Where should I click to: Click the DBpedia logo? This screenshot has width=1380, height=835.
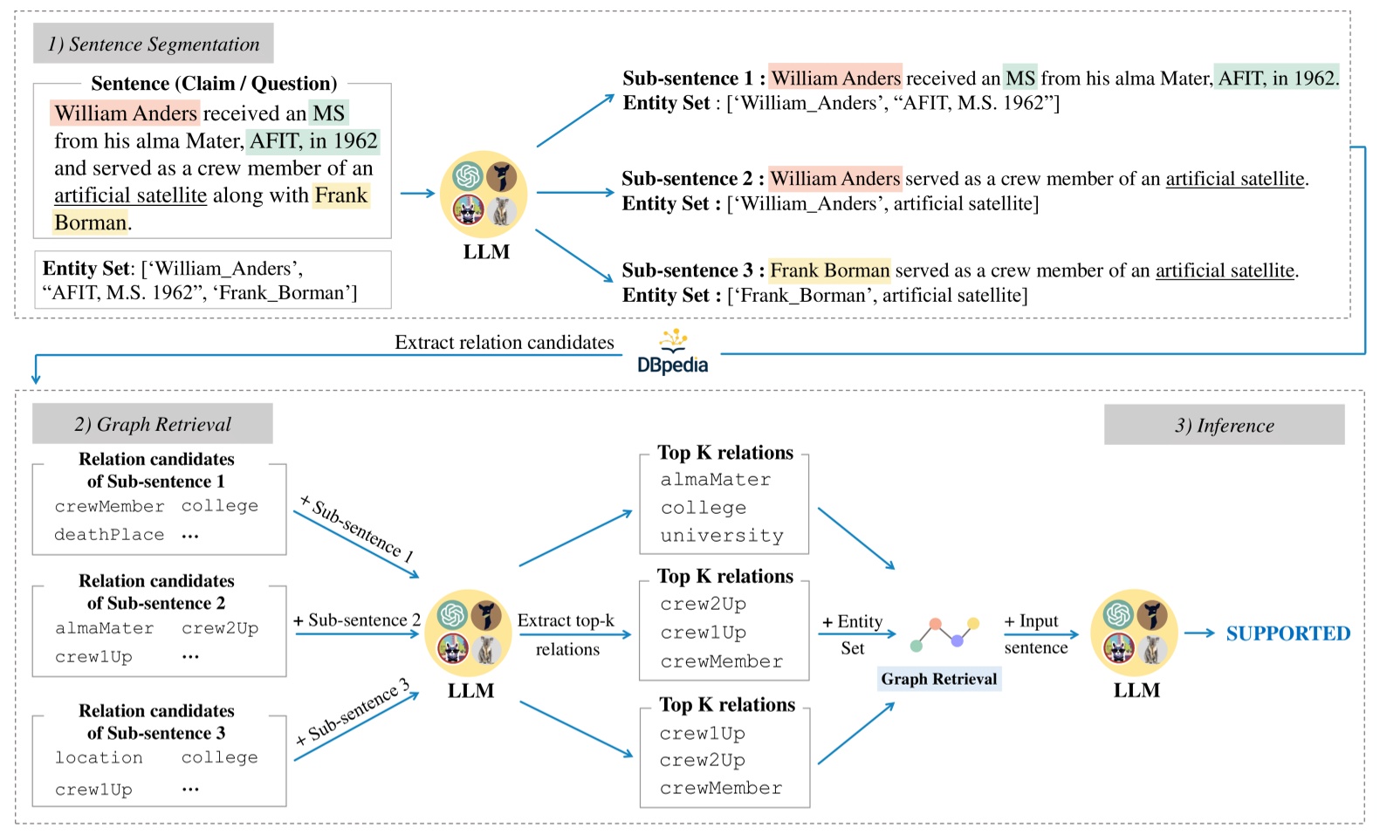coord(672,353)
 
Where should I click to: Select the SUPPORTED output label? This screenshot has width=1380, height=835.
coord(1287,633)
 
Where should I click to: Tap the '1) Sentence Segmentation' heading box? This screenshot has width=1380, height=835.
coord(153,44)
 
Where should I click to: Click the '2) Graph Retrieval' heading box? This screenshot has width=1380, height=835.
coord(153,424)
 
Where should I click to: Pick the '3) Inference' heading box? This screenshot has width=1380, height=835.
coord(1224,425)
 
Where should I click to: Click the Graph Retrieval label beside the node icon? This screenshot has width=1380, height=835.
coord(938,679)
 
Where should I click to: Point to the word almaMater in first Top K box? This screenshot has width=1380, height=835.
coord(715,480)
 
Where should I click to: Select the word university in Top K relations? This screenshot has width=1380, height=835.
coord(722,536)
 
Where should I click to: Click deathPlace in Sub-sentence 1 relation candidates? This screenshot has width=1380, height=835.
coord(109,535)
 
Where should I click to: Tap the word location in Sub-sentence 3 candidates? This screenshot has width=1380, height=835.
coord(99,757)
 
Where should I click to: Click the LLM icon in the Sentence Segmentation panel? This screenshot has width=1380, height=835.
coord(484,195)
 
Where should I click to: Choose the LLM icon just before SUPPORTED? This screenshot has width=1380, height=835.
coord(1135,632)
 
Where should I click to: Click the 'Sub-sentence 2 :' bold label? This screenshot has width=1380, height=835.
coord(692,179)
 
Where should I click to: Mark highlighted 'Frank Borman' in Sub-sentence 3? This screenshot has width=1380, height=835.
coord(829,270)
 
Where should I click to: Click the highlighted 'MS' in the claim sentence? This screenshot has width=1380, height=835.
coord(329,113)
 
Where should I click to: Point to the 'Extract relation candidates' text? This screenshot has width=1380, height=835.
coord(504,342)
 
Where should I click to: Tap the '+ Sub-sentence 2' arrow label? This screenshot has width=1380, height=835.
coord(356,619)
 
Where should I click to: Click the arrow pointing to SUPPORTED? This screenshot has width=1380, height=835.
coord(1199,633)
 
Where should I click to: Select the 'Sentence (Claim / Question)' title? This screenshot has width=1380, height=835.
coord(214,84)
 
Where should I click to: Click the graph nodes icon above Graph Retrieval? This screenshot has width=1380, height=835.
coord(944,633)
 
